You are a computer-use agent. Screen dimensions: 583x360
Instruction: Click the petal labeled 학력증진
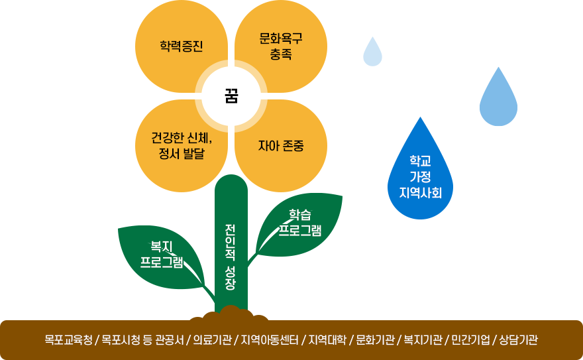181,46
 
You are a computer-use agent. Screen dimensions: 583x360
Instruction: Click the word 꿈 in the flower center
231,96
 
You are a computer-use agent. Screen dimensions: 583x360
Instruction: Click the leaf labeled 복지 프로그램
162,256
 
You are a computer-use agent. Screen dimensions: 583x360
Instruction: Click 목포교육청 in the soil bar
69,341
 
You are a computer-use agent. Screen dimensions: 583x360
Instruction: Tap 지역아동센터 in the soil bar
270,341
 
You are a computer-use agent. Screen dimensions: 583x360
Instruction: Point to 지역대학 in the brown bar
327,341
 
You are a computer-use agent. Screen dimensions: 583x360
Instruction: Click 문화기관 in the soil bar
375,341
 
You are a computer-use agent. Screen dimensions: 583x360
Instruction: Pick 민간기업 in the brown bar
470,341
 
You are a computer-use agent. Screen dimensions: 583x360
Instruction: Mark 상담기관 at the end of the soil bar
518,341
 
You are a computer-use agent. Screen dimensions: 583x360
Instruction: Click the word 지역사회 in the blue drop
421,193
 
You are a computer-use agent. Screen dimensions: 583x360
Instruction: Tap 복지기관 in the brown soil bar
423,341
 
